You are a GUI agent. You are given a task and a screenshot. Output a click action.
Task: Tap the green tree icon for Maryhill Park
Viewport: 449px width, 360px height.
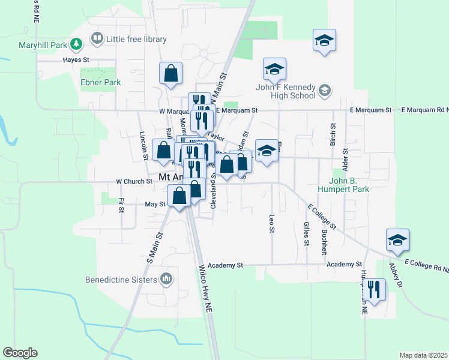(76, 44)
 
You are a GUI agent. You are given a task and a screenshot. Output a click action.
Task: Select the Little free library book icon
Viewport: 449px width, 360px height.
(96, 39)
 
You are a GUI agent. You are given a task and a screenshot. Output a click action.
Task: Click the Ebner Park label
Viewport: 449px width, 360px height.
(100, 83)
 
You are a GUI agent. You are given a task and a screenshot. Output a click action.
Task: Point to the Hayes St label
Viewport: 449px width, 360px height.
(77, 60)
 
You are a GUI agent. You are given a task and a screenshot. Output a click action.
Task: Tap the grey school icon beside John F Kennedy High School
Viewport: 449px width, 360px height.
(325, 91)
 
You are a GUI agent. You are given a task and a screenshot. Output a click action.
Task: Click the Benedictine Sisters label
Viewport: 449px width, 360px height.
(121, 279)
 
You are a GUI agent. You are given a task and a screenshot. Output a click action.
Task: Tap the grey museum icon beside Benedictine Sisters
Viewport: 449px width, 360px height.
(166, 279)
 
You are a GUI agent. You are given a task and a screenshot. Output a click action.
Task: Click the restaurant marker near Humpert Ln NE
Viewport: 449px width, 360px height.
(375, 290)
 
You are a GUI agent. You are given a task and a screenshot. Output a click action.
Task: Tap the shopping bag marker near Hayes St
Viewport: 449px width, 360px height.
(171, 74)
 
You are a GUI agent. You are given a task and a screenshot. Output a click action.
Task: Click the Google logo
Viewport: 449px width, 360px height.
(20, 353)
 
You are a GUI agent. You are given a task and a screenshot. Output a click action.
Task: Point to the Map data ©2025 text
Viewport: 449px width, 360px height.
(423, 355)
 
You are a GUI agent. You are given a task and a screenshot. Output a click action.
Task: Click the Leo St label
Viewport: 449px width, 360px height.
(272, 224)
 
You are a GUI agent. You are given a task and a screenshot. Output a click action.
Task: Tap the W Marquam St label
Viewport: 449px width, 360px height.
(178, 110)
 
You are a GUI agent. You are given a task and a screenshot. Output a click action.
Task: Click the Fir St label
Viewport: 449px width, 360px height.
(121, 206)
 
